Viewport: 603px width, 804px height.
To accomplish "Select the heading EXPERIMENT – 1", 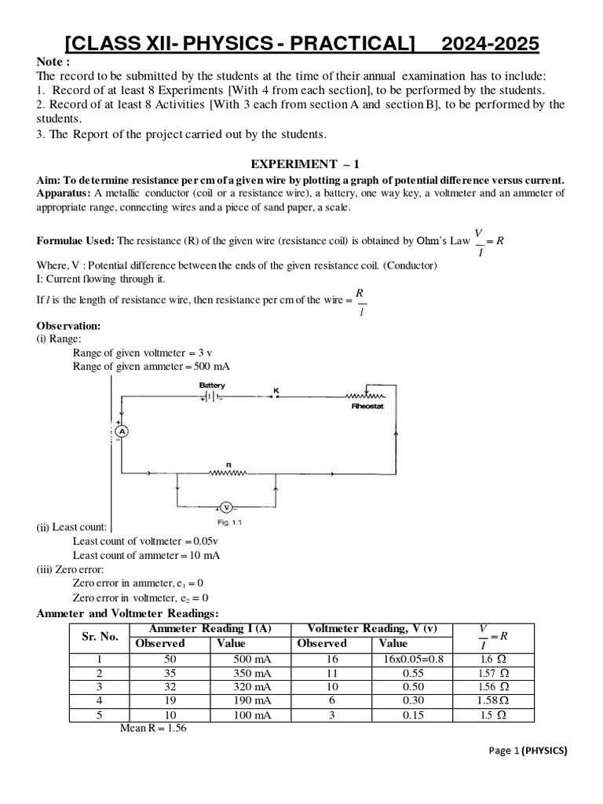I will pyautogui.click(x=304, y=163).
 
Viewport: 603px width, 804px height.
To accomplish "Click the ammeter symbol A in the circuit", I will pyautogui.click(x=122, y=431).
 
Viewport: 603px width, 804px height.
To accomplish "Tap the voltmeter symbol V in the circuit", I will pyautogui.click(x=225, y=507).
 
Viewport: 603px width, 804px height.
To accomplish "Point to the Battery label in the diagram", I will pyautogui.click(x=212, y=386).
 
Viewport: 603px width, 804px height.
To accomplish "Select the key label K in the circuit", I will pyautogui.click(x=276, y=390).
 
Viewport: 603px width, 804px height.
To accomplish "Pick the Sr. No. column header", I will pyautogui.click(x=100, y=636).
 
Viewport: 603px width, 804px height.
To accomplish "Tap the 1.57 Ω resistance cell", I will pyautogui.click(x=493, y=674).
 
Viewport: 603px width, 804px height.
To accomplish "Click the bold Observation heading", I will pyautogui.click(x=68, y=325).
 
